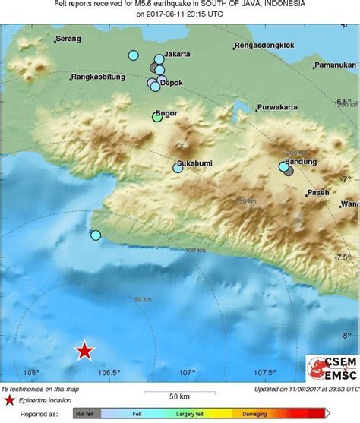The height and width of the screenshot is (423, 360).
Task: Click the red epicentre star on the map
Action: tap(84, 350)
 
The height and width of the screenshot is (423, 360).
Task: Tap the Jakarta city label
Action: tap(177, 55)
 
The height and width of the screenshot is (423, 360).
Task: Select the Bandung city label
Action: tap(302, 161)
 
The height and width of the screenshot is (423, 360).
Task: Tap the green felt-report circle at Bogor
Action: tap(157, 117)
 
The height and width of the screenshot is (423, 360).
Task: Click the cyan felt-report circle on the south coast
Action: tap(96, 235)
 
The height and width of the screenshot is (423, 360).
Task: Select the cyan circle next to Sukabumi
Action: tap(178, 169)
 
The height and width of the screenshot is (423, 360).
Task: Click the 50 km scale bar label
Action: tap(178, 396)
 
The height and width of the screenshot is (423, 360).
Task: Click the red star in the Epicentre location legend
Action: tap(10, 399)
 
